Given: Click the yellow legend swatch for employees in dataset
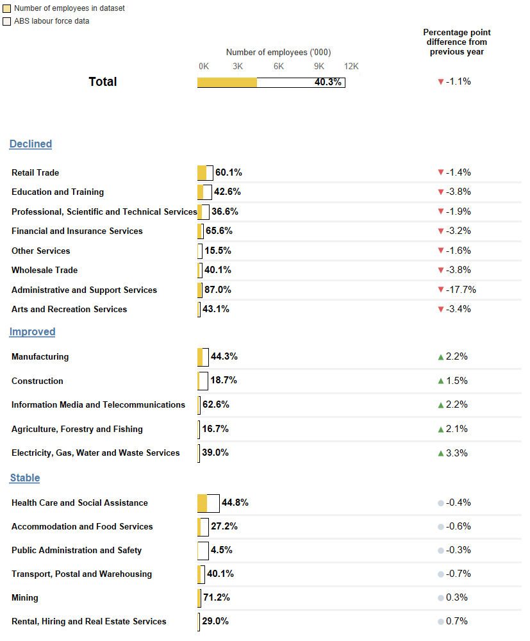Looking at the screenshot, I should [x=7, y=9].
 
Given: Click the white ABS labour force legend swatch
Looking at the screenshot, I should [x=7, y=21].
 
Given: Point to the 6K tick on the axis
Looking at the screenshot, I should [x=279, y=66].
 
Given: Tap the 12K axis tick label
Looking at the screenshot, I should [x=351, y=66].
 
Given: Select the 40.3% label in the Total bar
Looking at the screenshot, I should [x=327, y=82].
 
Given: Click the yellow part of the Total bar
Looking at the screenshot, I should [x=227, y=82].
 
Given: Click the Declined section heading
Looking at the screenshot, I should [x=30, y=144].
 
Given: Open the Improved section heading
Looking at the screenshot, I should [x=32, y=331].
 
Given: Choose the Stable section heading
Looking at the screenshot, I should [x=25, y=478].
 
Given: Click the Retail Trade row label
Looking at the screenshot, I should [x=35, y=172].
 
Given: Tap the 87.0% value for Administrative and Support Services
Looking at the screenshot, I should [x=218, y=290].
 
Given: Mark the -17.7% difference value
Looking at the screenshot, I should [x=461, y=290].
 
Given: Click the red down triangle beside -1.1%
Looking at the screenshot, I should [x=440, y=82].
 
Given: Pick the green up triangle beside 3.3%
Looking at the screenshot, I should [x=440, y=453].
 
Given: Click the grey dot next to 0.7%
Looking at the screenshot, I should [x=440, y=622].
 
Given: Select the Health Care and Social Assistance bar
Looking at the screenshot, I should [x=208, y=503].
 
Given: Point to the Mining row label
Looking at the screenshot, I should [x=25, y=597].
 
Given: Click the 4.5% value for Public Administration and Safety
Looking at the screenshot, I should [x=221, y=550].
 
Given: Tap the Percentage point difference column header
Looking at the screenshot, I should [x=456, y=42].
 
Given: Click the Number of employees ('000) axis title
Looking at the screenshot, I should [x=278, y=53].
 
